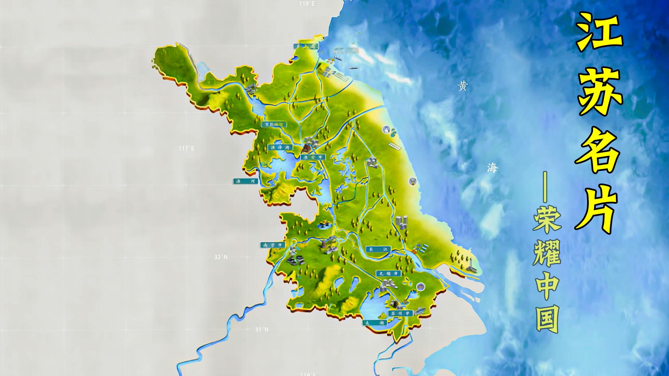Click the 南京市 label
click(272, 245)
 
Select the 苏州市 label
click(400, 313)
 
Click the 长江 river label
click(379, 249)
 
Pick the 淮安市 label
click(313, 157)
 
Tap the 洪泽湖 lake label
click(281, 147)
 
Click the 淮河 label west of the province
click(245, 181)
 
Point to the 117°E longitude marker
click(187, 148)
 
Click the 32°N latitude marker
click(221, 257)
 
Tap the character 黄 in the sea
click(463, 86)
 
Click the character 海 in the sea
click(492, 168)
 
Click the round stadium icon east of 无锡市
click(421, 287)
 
